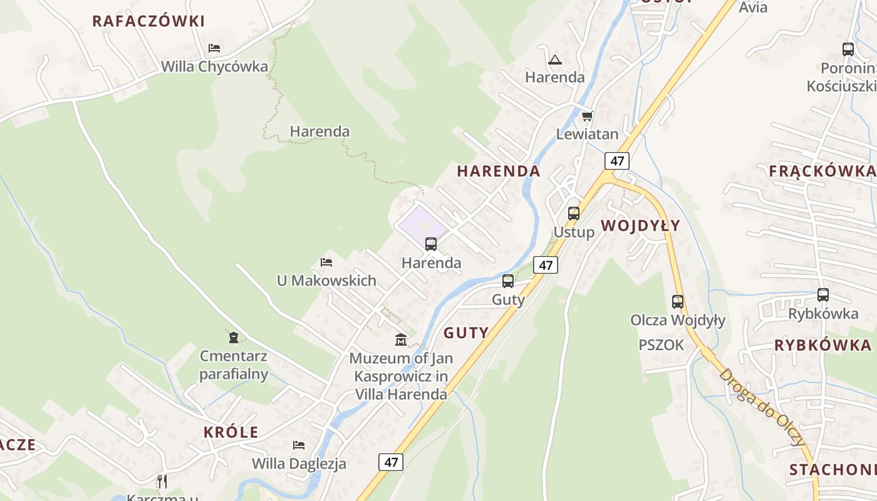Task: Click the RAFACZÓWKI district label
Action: pyautogui.click(x=148, y=21)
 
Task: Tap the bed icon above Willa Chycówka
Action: pyautogui.click(x=214, y=48)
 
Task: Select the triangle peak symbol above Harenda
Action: pyautogui.click(x=554, y=60)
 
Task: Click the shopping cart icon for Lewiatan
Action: pyautogui.click(x=587, y=116)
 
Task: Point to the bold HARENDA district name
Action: pyautogui.click(x=499, y=171)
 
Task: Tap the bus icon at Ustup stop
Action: pyautogui.click(x=574, y=213)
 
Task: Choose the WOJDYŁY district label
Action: pyautogui.click(x=640, y=226)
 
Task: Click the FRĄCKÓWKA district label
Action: pyautogui.click(x=822, y=171)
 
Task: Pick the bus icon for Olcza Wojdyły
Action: pyautogui.click(x=677, y=301)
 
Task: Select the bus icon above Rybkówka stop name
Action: pyautogui.click(x=823, y=294)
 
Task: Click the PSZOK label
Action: pyautogui.click(x=662, y=345)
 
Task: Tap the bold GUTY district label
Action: pyautogui.click(x=466, y=333)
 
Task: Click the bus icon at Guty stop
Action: pyautogui.click(x=508, y=281)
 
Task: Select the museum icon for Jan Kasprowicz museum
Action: pyautogui.click(x=401, y=339)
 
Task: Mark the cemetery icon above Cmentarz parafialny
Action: pyautogui.click(x=234, y=338)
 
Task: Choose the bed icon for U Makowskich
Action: pyautogui.click(x=326, y=262)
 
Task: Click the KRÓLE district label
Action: pyautogui.click(x=231, y=432)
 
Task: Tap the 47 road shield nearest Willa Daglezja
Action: pyautogui.click(x=391, y=462)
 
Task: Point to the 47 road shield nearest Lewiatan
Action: pyautogui.click(x=617, y=161)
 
